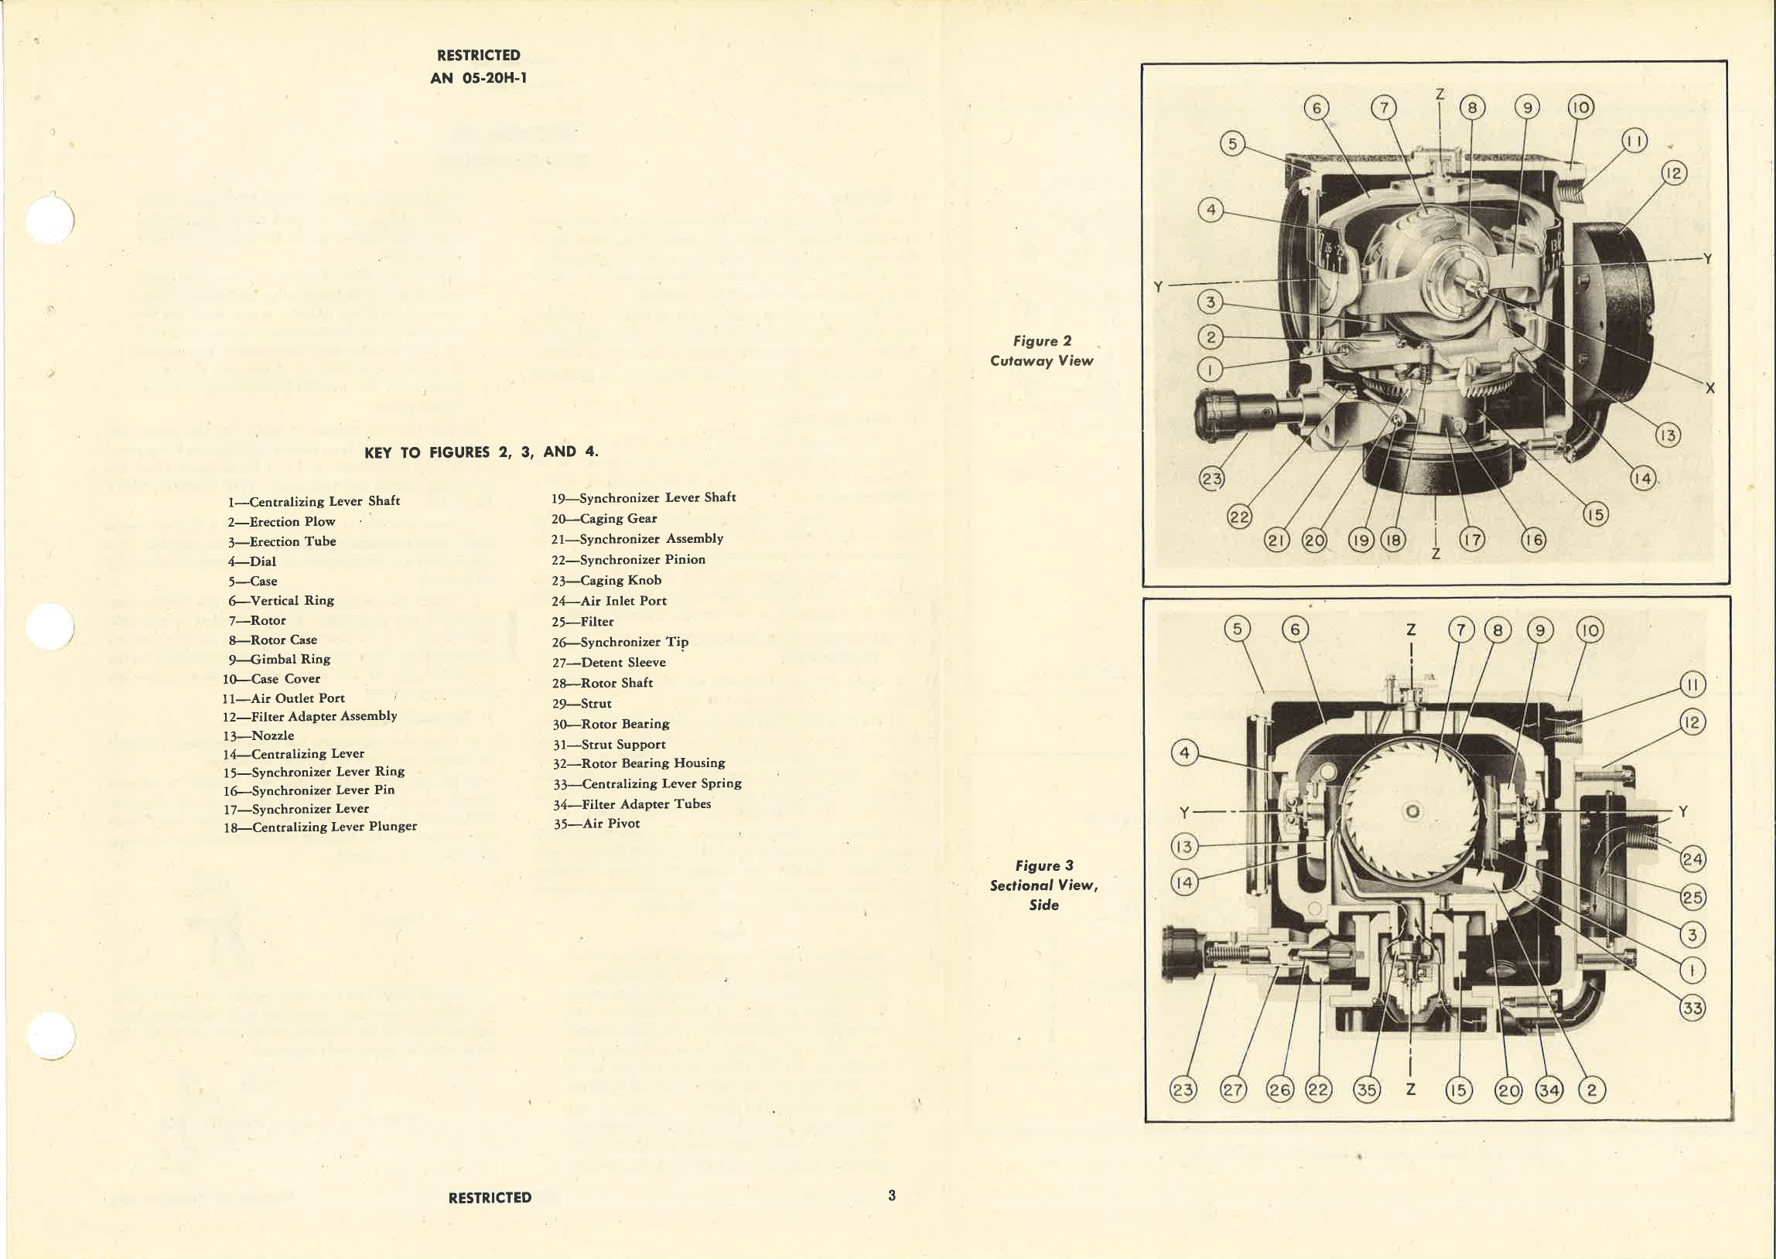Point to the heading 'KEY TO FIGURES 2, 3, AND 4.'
[x=480, y=452]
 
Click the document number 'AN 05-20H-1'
[x=478, y=77]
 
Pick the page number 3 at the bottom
[x=892, y=1195]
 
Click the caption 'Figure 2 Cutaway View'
[x=1041, y=351]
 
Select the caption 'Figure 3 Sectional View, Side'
[x=1043, y=885]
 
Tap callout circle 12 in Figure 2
[x=1674, y=173]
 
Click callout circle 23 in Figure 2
[x=1211, y=479]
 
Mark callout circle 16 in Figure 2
[x=1533, y=540]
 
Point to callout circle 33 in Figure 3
[x=1692, y=1008]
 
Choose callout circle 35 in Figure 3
[x=1366, y=1089]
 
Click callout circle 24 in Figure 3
[x=1692, y=859]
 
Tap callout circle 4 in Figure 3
[x=1183, y=752]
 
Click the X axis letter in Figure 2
[x=1709, y=387]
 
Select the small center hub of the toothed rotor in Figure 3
[x=1413, y=812]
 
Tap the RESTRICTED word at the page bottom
[x=489, y=1197]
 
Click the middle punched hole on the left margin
[x=50, y=626]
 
